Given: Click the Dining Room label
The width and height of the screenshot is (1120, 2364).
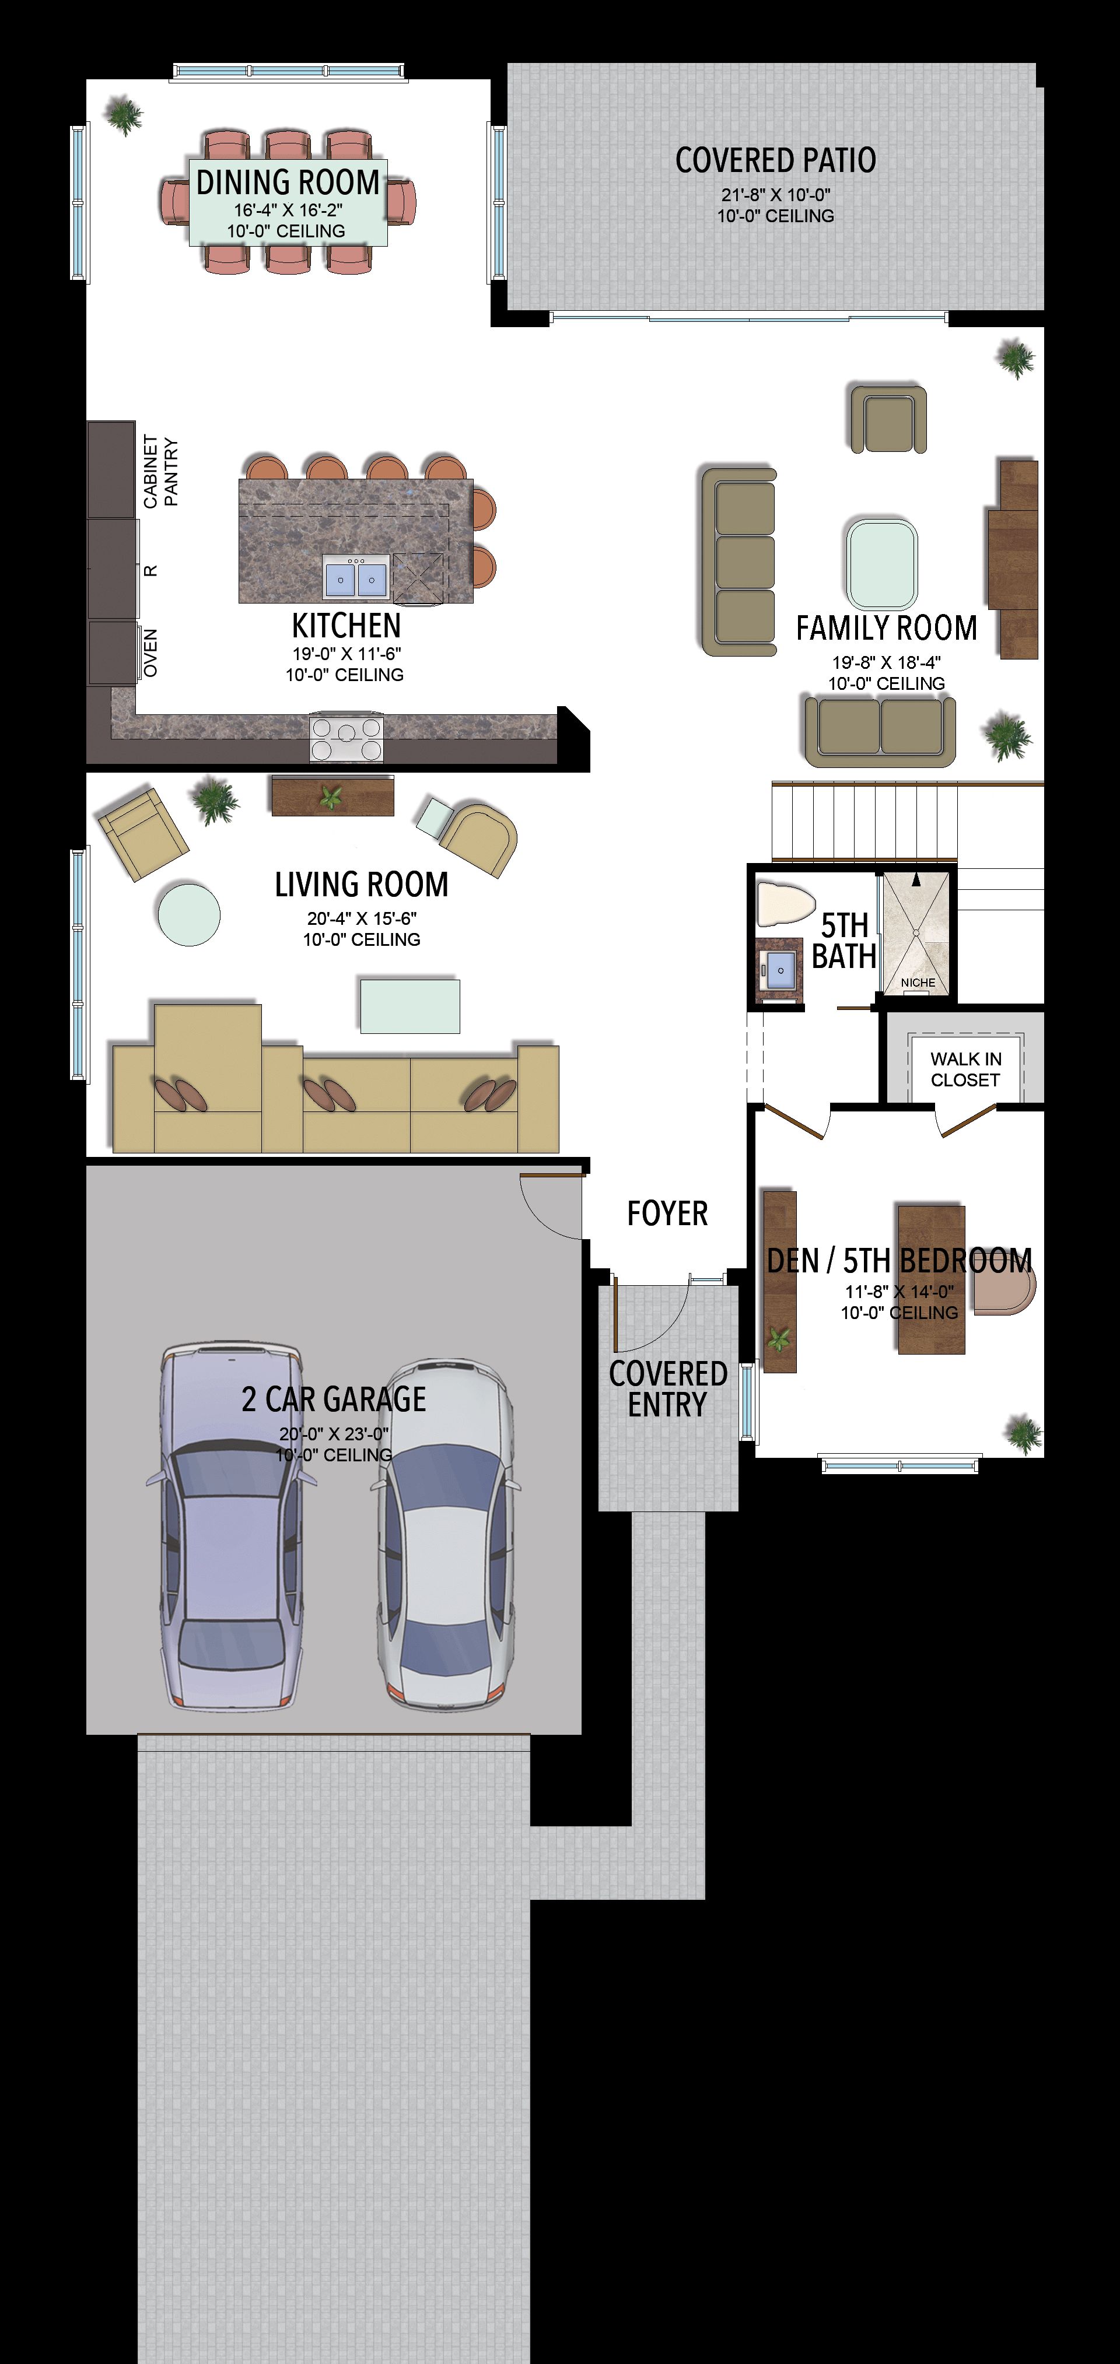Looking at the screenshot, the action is pyautogui.click(x=288, y=182).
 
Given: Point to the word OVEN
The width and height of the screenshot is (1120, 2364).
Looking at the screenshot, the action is pyautogui.click(x=150, y=654).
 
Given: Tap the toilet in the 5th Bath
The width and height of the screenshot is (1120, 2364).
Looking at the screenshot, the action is pyautogui.click(x=785, y=904).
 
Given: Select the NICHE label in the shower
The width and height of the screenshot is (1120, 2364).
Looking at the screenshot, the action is pyautogui.click(x=918, y=982).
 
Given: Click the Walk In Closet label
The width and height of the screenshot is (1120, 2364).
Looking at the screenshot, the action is pyautogui.click(x=966, y=1069).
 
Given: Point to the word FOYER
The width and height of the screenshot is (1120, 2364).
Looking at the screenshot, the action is pyautogui.click(x=667, y=1213).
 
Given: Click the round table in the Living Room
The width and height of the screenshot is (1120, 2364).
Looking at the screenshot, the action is pyautogui.click(x=188, y=914).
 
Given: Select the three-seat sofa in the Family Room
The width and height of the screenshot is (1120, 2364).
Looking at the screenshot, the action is pyautogui.click(x=739, y=562).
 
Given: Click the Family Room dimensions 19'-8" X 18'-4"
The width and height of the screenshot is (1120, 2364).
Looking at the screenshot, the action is pyautogui.click(x=887, y=662).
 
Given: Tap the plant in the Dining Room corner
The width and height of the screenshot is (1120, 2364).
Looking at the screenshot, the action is pyautogui.click(x=123, y=115).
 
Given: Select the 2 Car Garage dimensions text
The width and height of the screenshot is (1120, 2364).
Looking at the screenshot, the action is pyautogui.click(x=334, y=1433).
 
